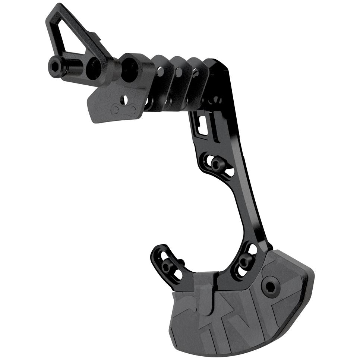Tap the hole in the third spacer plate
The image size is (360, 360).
[x=195, y=73]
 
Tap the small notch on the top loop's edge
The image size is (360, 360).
[x=98, y=37]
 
